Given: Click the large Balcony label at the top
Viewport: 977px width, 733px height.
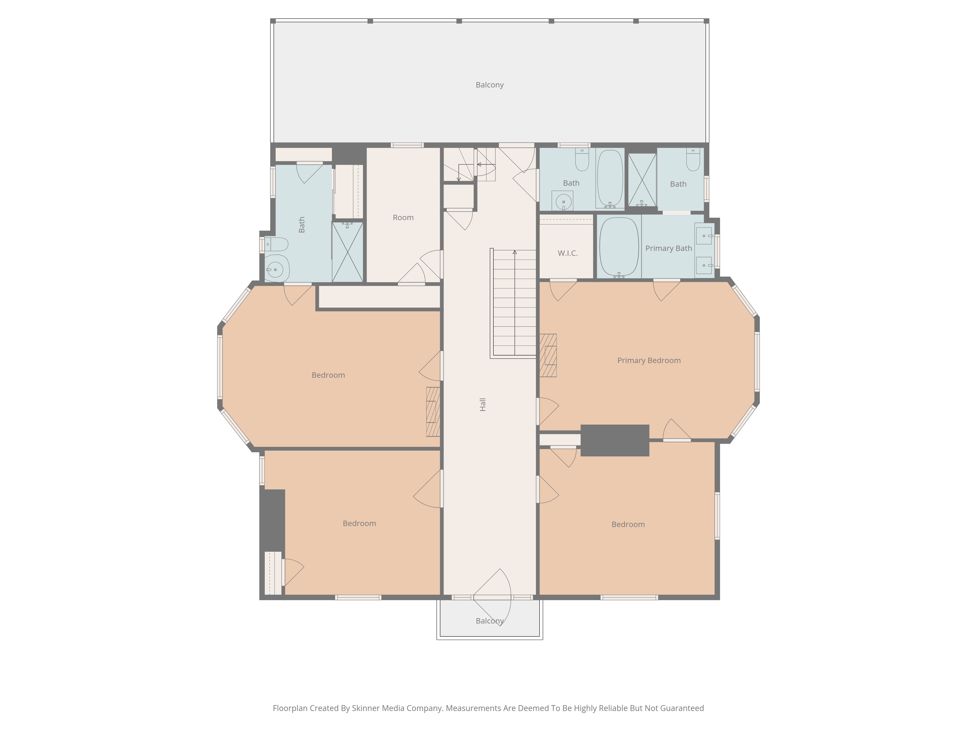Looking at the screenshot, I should (x=489, y=85).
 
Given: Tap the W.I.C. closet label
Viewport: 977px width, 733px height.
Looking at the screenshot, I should (x=568, y=253).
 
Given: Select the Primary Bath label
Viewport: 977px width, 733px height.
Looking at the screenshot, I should (x=668, y=248).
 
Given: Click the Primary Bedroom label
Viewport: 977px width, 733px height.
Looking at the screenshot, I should (x=648, y=361).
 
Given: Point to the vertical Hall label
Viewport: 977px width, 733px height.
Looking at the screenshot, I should (x=483, y=404).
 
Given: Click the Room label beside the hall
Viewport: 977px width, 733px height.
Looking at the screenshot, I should (x=403, y=217).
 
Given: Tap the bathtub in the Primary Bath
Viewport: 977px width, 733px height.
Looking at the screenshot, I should (x=619, y=247).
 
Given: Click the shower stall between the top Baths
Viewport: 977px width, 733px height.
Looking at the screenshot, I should (x=642, y=180).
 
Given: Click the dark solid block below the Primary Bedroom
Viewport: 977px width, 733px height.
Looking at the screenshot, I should (x=614, y=440).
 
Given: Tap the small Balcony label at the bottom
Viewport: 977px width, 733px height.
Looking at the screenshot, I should (x=489, y=621).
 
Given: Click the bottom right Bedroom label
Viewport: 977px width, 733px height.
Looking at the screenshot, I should (x=628, y=524).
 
